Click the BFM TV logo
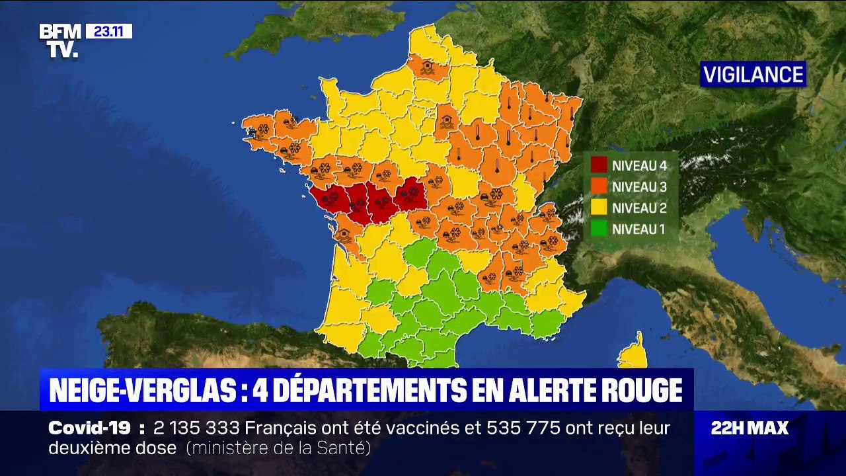tap(59, 41)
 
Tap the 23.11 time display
tap(109, 31)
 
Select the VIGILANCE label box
tap(753, 75)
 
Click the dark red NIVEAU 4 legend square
tap(599, 165)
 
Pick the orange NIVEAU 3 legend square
tap(599, 186)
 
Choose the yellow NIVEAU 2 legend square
tap(599, 208)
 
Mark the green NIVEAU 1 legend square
tap(599, 230)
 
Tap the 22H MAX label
tap(750, 428)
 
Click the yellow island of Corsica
tap(633, 354)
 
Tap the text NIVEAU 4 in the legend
tap(639, 165)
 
